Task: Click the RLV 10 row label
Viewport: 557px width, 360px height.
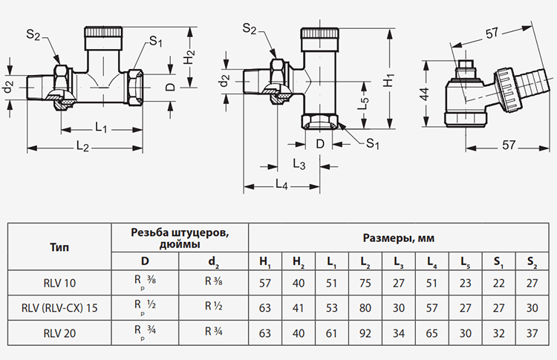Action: (59, 283)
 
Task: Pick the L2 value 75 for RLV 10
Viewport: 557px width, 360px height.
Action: (365, 283)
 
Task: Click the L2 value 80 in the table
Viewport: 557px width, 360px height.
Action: (365, 307)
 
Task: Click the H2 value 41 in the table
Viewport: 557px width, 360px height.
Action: (298, 307)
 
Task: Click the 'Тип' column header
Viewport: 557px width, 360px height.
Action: (59, 247)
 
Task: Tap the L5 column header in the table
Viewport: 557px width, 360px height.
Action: (465, 261)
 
